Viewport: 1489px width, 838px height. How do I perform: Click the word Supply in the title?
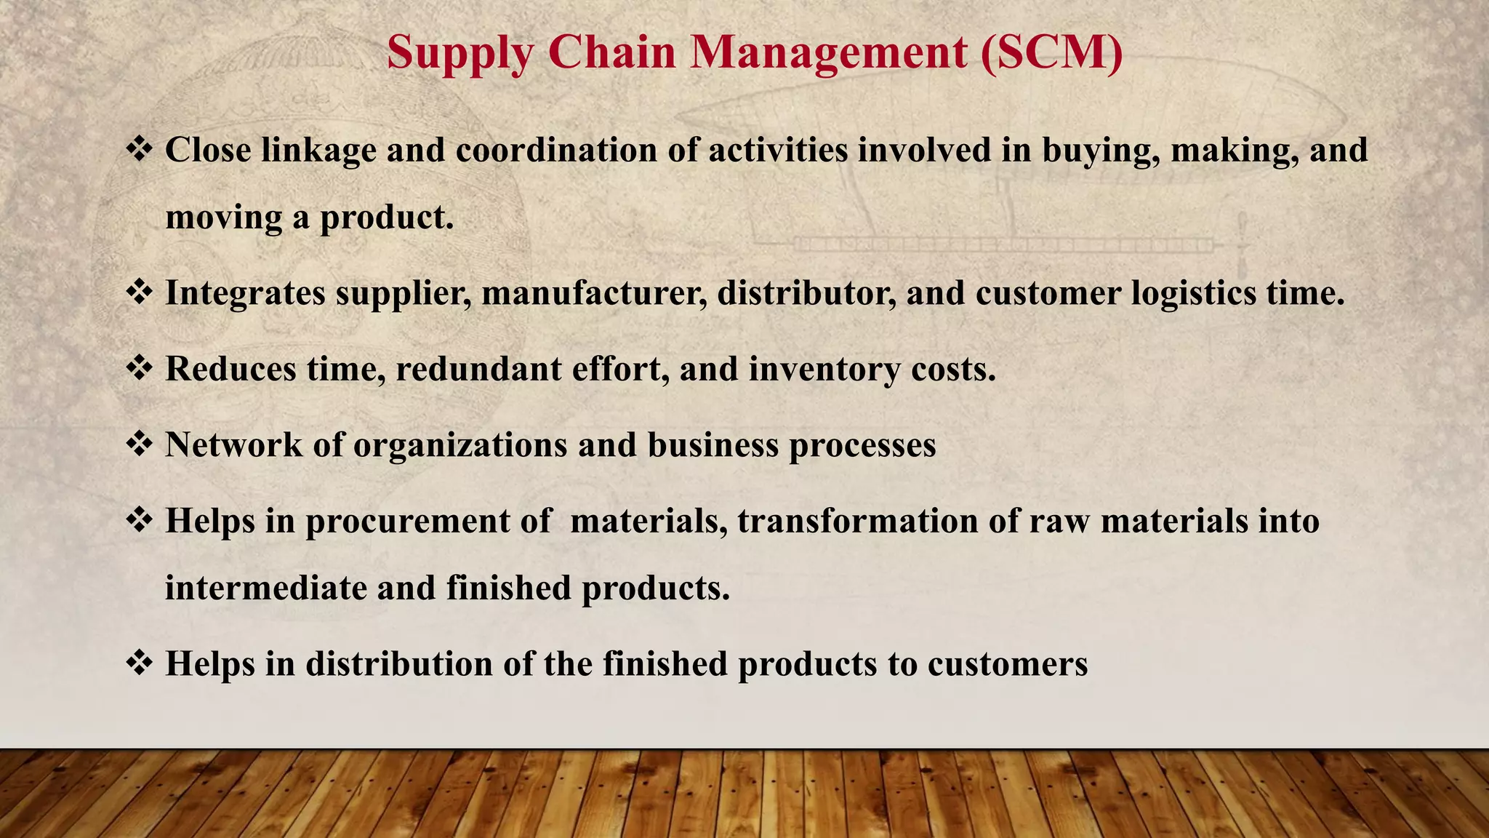click(x=459, y=54)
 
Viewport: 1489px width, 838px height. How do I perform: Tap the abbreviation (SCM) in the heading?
click(x=1051, y=52)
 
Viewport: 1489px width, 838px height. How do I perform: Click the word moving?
click(x=224, y=218)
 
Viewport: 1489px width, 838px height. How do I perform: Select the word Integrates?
click(x=245, y=294)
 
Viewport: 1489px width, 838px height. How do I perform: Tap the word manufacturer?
click(x=594, y=294)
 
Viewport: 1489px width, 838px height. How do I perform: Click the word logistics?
click(x=1193, y=294)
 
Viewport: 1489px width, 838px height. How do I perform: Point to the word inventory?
click(x=824, y=370)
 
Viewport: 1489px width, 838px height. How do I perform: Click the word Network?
click(x=233, y=445)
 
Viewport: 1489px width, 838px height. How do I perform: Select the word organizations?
click(x=460, y=446)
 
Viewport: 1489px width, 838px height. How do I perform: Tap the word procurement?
click(x=407, y=522)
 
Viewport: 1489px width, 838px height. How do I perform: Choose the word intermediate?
click(x=265, y=588)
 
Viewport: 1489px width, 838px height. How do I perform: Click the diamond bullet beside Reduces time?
click(x=138, y=368)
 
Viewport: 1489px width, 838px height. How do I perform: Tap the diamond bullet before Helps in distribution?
click(x=138, y=663)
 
